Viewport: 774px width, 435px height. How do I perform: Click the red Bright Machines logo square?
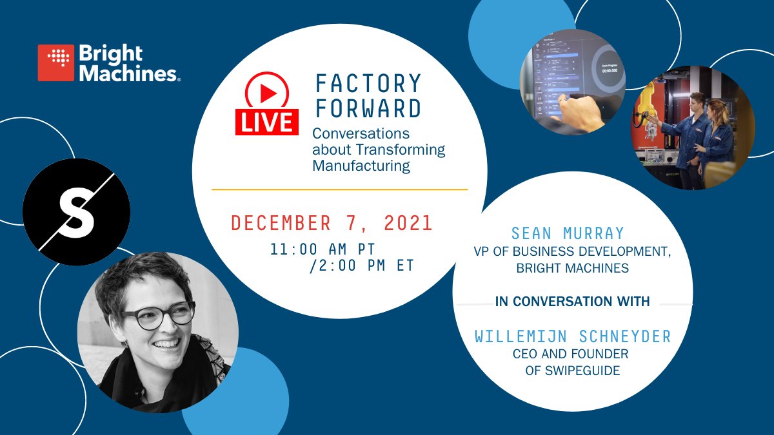(x=56, y=63)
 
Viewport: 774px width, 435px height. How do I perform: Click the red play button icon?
(x=267, y=94)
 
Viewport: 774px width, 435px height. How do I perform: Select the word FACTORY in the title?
(x=368, y=84)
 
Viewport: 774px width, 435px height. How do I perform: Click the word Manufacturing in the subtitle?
(x=361, y=166)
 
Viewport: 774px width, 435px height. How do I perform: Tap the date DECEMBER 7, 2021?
(x=332, y=223)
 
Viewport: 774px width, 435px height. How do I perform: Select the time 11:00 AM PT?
(x=322, y=249)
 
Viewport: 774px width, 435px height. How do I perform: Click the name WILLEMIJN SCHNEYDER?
(x=572, y=336)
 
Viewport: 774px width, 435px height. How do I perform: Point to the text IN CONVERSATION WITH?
(x=572, y=302)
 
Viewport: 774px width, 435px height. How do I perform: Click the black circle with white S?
(x=76, y=210)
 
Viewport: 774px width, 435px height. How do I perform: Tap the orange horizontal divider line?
(x=339, y=189)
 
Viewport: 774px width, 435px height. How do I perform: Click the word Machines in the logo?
(x=126, y=73)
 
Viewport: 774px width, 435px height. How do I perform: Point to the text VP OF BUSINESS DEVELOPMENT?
(x=572, y=252)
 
